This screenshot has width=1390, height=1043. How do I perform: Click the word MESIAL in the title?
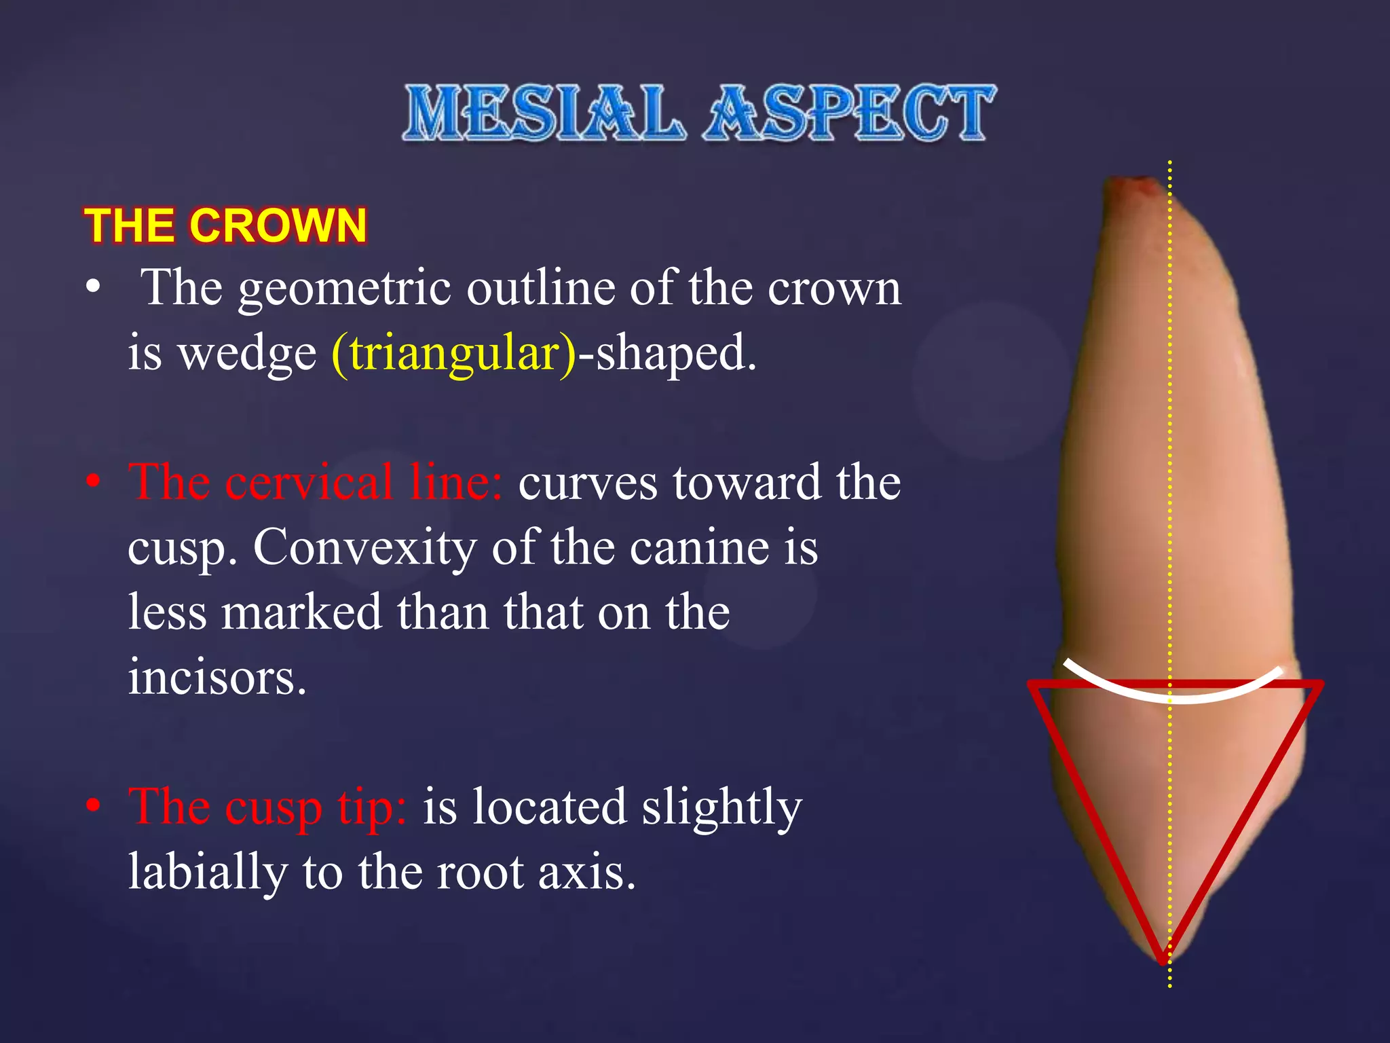543,113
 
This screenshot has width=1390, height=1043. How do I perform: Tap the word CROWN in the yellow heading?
278,225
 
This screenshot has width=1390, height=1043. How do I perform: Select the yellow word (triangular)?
453,353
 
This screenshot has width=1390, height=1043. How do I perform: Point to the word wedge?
247,353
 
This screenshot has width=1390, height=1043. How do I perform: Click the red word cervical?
309,482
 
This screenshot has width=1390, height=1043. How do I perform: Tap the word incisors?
217,677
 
